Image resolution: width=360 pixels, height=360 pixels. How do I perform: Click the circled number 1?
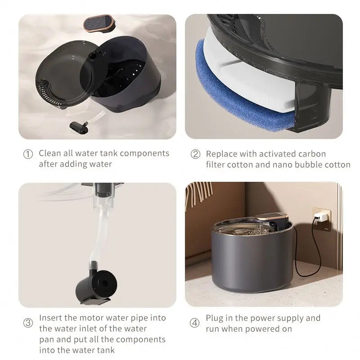[28, 154]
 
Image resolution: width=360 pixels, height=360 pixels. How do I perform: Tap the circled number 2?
[195, 154]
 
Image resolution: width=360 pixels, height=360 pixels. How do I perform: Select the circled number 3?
[28, 323]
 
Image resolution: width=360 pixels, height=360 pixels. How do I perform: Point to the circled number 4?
[194, 323]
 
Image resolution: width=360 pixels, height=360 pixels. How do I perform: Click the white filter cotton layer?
[252, 85]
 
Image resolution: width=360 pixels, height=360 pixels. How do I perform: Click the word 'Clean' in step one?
[49, 153]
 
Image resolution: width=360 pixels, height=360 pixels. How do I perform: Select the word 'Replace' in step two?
[221, 154]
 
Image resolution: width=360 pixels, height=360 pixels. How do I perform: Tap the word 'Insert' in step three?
[50, 318]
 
